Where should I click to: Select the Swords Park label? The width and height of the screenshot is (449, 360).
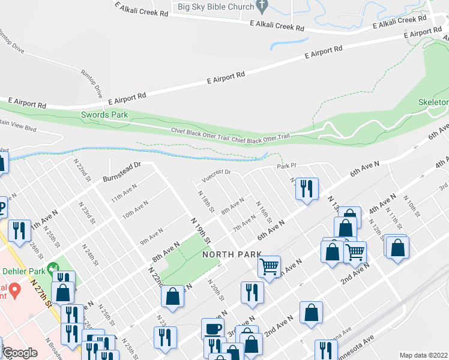tap(105, 115)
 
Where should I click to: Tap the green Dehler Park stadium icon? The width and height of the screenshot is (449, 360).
tap(55, 266)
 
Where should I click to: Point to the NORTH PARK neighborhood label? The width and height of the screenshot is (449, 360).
tap(232, 254)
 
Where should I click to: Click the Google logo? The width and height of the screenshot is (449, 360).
tap(20, 353)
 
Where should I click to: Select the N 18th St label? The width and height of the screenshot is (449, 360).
tap(206, 201)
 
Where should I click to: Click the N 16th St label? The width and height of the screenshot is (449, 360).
tap(264, 211)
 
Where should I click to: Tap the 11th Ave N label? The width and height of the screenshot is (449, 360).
tap(124, 196)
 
